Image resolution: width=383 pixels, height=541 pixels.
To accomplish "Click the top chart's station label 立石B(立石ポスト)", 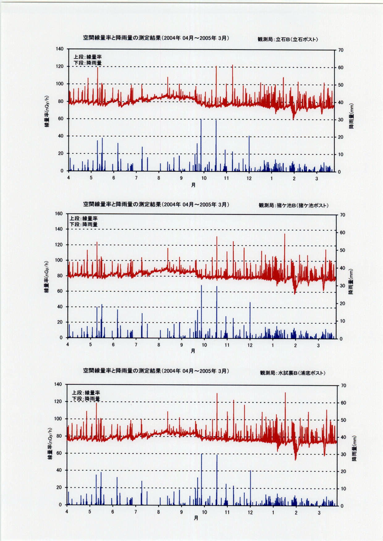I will point(288,40).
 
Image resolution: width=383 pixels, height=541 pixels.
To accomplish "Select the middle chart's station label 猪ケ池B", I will point(293,205).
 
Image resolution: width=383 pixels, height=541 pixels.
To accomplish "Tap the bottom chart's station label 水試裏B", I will point(293,373).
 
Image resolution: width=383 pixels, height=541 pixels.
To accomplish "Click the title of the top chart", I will point(156,38).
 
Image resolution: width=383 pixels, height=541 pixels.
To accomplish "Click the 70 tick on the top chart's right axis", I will point(341,50).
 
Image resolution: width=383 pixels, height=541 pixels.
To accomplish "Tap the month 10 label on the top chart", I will point(204,178).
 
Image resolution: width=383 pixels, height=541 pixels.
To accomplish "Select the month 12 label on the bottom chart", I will point(250,512).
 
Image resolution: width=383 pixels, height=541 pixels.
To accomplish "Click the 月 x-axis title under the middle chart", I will point(193,351).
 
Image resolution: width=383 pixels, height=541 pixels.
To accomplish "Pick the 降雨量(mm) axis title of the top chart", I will point(351,116).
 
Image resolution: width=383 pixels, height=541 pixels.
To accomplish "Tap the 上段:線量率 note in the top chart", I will point(87,57).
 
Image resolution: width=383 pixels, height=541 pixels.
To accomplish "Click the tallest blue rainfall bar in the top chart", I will point(201,145).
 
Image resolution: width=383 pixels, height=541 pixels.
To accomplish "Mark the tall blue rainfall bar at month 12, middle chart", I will point(250,320).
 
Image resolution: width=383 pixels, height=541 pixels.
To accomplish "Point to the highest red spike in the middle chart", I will point(284,235).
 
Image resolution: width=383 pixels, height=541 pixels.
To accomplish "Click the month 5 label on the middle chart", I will point(90,345).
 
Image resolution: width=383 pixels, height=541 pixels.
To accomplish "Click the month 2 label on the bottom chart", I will point(296,513).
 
